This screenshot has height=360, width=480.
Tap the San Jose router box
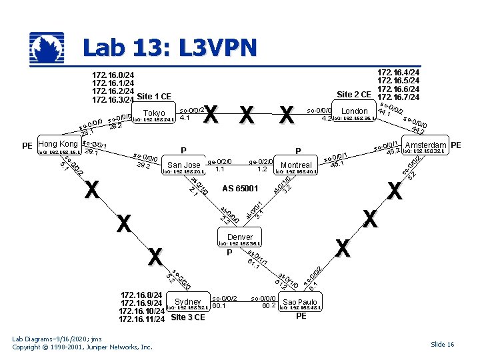[184, 165]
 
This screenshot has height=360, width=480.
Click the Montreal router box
[297, 165]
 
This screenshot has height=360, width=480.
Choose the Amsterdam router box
[425, 145]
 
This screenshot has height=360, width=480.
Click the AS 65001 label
[240, 189]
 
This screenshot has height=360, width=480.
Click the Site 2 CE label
[354, 94]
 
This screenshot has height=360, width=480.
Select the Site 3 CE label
[188, 317]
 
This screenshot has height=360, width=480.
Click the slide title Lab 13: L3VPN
[169, 48]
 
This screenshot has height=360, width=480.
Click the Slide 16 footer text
[442, 344]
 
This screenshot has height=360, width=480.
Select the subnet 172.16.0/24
[113, 74]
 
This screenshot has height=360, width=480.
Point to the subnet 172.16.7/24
[398, 97]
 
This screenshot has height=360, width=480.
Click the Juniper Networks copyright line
[82, 347]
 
